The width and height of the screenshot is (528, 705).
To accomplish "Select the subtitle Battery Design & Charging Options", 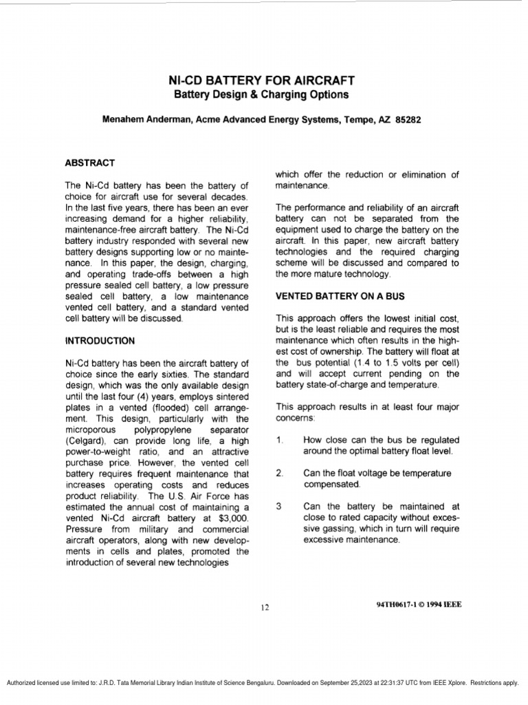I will pos(261,94).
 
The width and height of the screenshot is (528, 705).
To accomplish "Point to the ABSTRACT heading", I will pos(90,163).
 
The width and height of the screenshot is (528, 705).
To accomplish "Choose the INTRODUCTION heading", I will pos(100,340).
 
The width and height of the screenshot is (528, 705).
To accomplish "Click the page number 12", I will pos(265,606).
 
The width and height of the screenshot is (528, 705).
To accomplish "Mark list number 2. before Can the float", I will pos(280,473).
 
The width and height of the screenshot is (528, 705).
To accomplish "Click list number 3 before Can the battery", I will pos(279,506).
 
